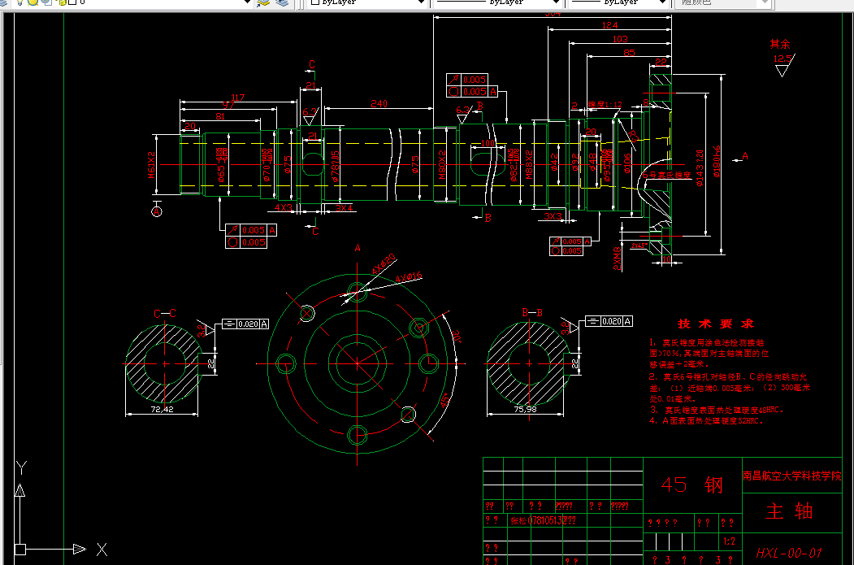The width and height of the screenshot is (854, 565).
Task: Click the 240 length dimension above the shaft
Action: (379, 103)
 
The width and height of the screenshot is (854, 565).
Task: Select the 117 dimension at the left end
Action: (237, 98)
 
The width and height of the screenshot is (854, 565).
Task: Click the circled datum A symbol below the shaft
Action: (157, 211)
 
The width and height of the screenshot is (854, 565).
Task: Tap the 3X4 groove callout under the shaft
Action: (344, 208)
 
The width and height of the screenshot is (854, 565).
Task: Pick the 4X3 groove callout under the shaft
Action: (284, 208)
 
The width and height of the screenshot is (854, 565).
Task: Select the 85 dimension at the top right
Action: (628, 53)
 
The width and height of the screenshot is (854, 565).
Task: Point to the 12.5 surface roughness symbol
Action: (782, 59)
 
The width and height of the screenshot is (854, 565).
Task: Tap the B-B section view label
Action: (532, 312)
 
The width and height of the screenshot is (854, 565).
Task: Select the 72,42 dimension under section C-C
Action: (163, 410)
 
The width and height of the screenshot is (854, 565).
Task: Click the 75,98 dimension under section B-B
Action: (526, 410)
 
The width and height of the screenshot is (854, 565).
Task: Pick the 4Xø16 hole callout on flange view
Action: (409, 277)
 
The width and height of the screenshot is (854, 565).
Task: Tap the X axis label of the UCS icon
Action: (102, 550)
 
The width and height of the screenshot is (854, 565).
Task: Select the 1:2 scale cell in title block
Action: (729, 541)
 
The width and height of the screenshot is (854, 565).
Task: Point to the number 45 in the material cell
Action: (674, 485)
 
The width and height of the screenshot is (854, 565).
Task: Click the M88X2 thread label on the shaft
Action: (528, 163)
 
